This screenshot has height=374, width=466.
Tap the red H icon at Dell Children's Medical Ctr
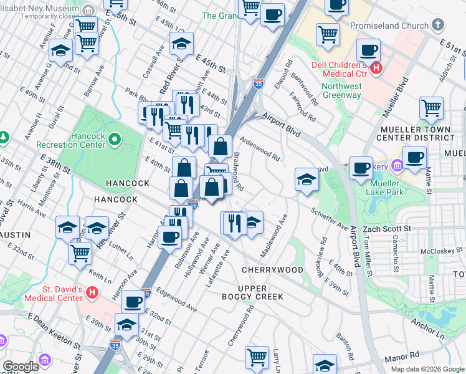coord(376,67)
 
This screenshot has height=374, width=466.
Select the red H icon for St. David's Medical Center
coord(92,291)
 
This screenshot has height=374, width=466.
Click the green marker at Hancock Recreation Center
coord(115,139)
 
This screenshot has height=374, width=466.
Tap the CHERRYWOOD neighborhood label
coord(272,270)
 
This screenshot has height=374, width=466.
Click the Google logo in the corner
coord(21,367)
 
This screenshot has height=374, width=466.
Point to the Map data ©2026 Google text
coord(427,369)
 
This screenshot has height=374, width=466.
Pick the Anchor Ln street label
coord(427,330)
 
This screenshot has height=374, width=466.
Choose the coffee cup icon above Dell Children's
coord(368,50)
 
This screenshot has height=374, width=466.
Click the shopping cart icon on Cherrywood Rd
coord(256,357)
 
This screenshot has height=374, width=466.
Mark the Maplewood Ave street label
coord(273,237)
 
